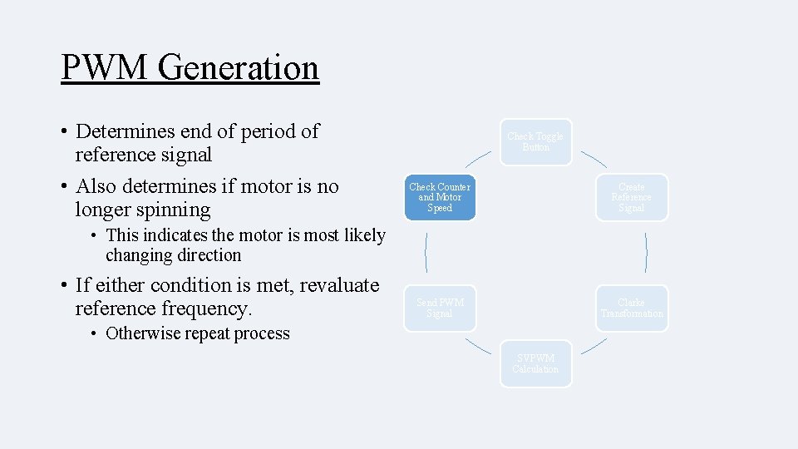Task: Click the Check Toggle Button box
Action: click(x=535, y=142)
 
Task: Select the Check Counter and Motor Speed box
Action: click(x=440, y=198)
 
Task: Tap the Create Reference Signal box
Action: click(x=631, y=198)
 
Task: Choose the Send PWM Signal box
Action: click(x=440, y=308)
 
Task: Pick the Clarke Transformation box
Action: click(x=631, y=308)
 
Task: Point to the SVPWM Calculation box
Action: click(x=535, y=363)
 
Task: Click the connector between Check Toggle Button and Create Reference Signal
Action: click(x=594, y=159)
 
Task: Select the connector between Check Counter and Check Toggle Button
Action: click(x=477, y=159)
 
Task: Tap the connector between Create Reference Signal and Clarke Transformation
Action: click(x=646, y=253)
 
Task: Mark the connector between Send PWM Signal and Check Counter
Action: click(x=426, y=253)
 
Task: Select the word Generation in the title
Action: click(x=239, y=67)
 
